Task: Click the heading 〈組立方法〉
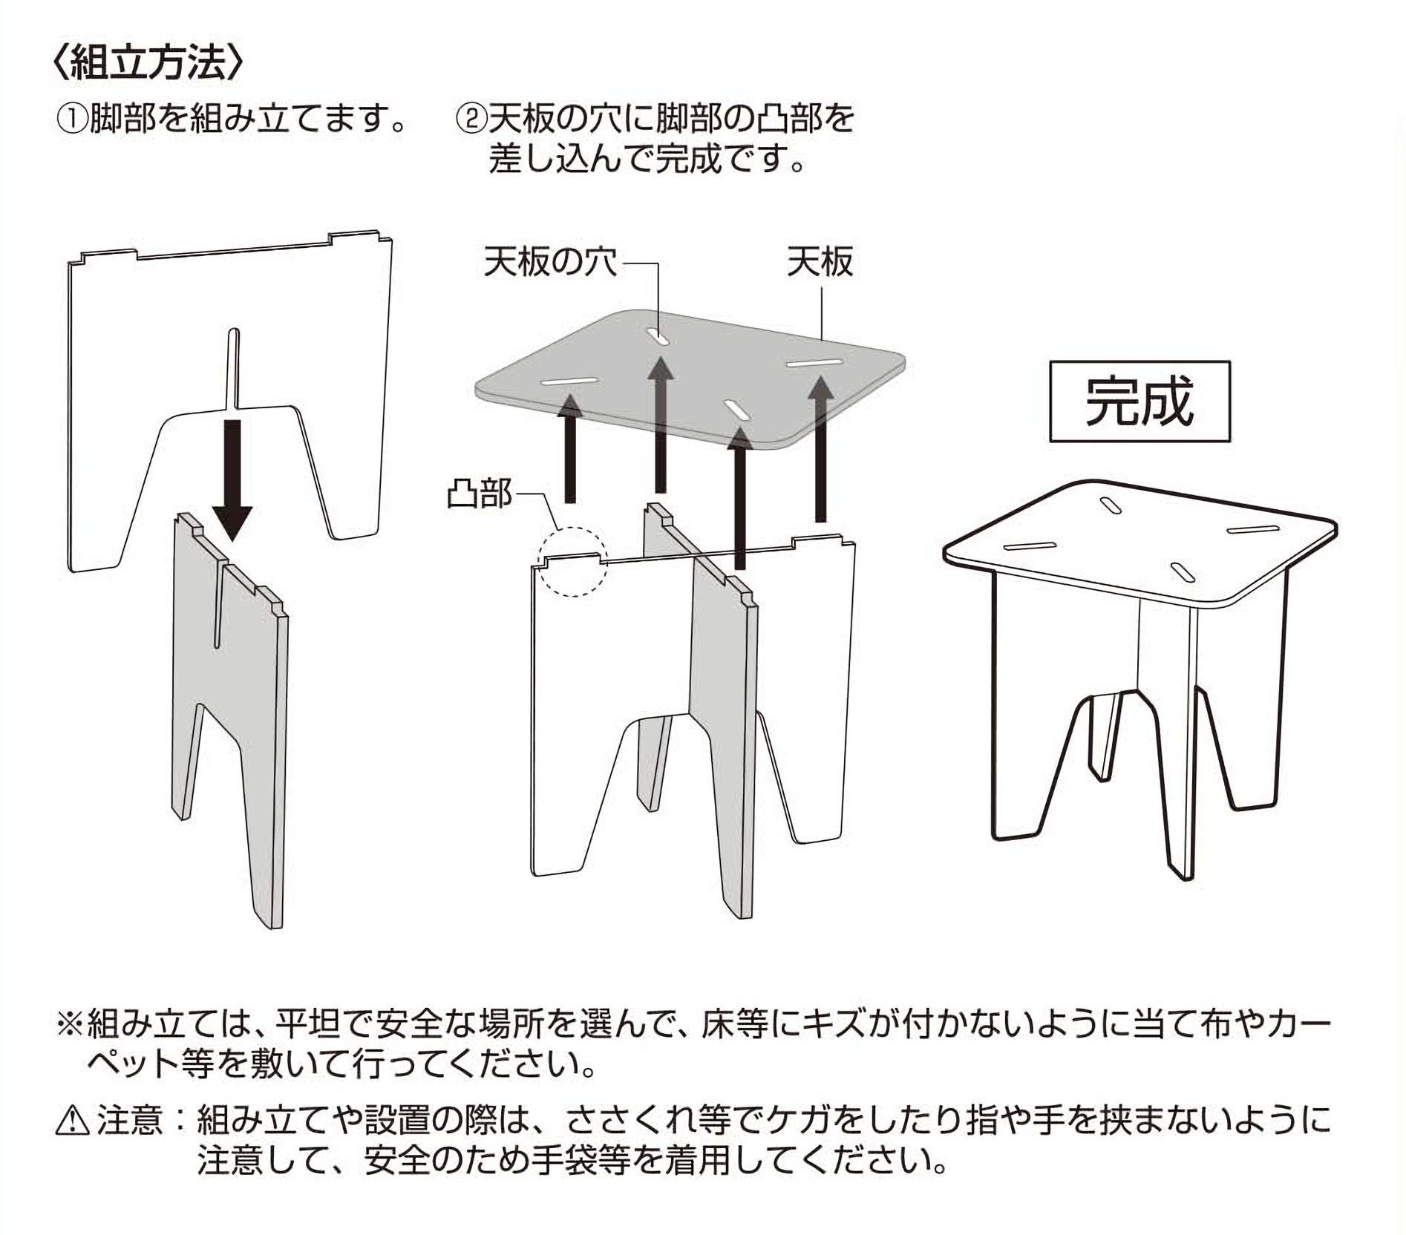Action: pyautogui.click(x=148, y=65)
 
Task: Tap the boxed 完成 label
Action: pyautogui.click(x=1139, y=402)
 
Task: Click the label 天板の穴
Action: pyautogui.click(x=550, y=262)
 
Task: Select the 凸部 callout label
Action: pyautogui.click(x=480, y=493)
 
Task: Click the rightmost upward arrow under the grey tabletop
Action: pyautogui.click(x=820, y=450)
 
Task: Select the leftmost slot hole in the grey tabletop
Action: pyautogui.click(x=569, y=381)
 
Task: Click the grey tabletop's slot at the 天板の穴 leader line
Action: pyautogui.click(x=658, y=336)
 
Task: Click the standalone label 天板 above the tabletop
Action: pyautogui.click(x=820, y=263)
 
